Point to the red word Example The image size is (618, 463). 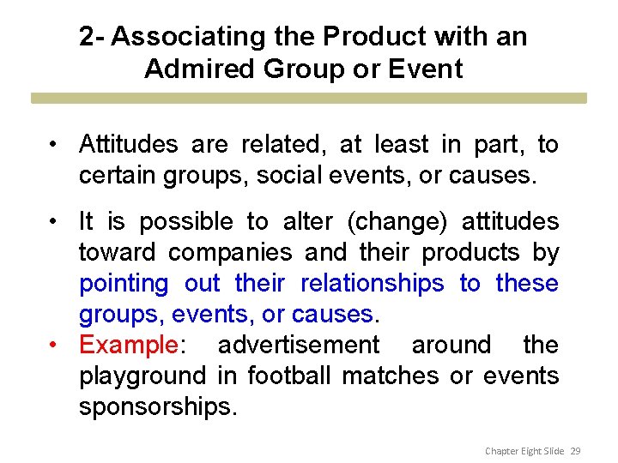pos(127,345)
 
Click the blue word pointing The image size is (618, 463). pos(124,283)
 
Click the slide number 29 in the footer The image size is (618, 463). pos(575,450)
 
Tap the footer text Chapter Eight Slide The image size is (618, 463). pos(524,450)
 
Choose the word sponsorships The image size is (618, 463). pos(157,406)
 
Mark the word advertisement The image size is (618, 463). pos(298,345)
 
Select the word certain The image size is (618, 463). pos(121,176)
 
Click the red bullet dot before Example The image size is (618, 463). pos(54,345)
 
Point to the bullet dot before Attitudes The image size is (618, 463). pos(54,145)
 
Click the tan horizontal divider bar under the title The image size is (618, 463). pos(309,98)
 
